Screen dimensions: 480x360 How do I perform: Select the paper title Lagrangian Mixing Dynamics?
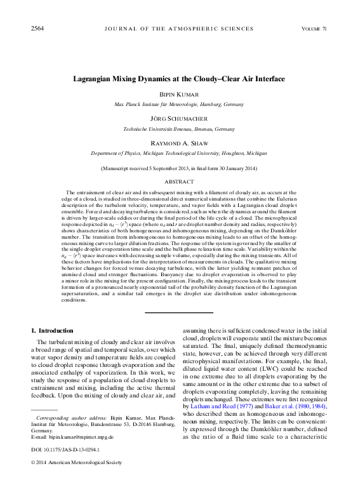(180, 79)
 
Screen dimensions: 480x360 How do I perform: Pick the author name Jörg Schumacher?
(180, 119)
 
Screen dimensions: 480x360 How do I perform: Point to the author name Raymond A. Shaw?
(180, 143)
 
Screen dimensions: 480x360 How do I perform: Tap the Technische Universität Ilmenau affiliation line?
(180, 128)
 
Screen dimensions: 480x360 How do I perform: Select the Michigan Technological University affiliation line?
(180, 153)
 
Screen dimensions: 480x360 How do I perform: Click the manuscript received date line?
(180, 168)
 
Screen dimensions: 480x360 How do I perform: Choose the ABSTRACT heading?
(180, 181)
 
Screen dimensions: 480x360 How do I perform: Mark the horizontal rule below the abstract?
(180, 312)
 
